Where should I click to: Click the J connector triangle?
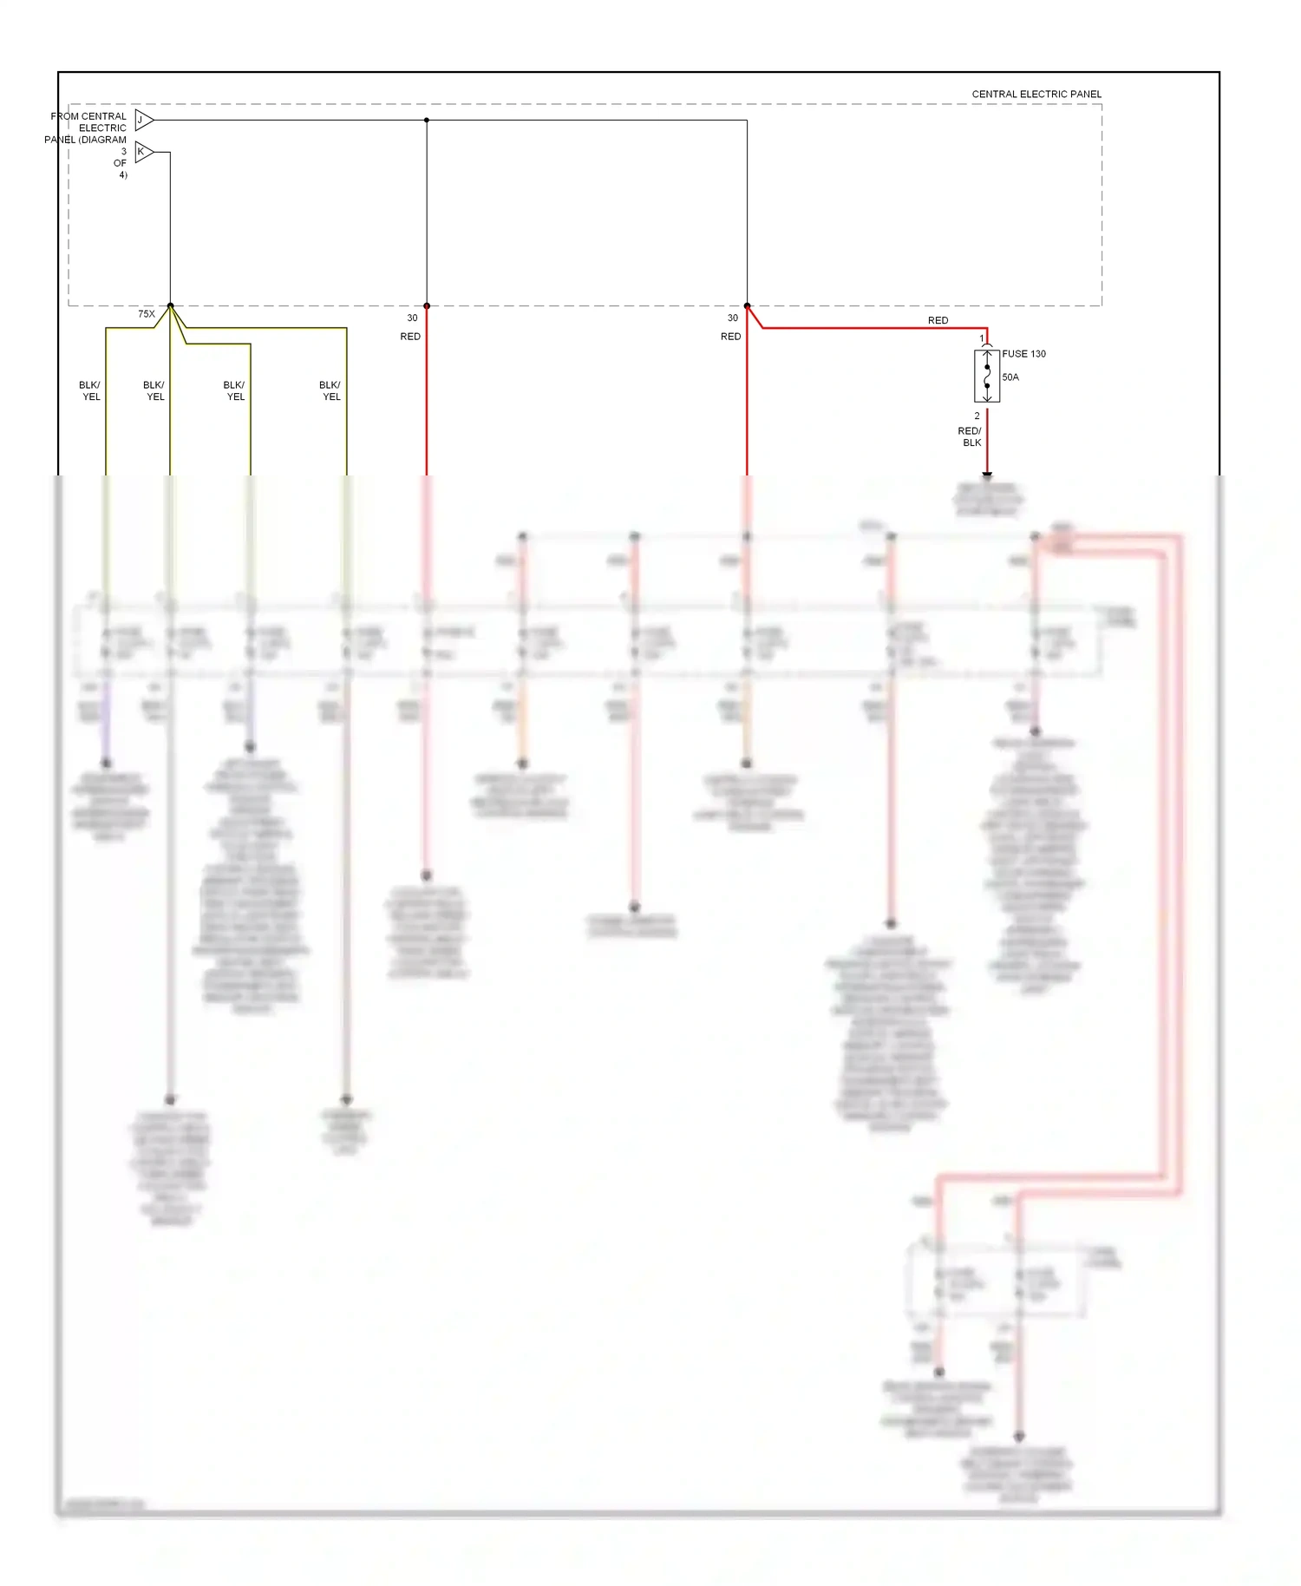(x=143, y=120)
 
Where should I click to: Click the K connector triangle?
(x=143, y=152)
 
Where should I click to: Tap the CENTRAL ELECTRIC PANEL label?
(x=1036, y=95)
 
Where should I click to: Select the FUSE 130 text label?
(x=1023, y=354)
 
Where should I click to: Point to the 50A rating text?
(x=1010, y=377)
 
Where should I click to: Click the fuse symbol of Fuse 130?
(x=987, y=377)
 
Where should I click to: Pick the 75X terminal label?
(x=147, y=314)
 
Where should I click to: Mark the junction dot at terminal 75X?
(x=170, y=305)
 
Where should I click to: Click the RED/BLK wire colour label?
(x=970, y=436)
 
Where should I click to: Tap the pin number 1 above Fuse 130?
(x=982, y=339)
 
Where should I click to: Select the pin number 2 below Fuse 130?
(x=977, y=416)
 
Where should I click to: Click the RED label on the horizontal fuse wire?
(x=938, y=321)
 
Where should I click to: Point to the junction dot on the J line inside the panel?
(x=427, y=120)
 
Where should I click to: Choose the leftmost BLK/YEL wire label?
(x=90, y=391)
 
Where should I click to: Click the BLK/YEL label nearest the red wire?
(x=330, y=391)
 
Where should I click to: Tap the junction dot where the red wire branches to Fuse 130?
(x=747, y=305)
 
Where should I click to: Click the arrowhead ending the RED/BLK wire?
(x=987, y=475)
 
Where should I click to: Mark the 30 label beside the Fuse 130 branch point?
(x=733, y=318)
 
